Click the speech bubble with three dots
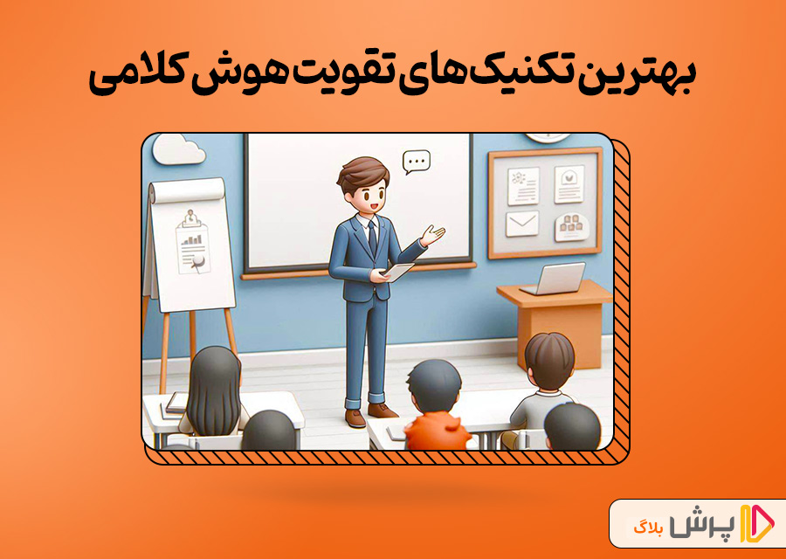coord(417,162)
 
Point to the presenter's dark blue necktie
coord(372,236)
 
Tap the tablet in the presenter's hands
coord(398,273)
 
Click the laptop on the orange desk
coord(555,279)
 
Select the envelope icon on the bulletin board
coord(522,224)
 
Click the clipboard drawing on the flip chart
coord(192,242)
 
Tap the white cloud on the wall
coord(178,149)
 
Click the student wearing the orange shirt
coord(433,406)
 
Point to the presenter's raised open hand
coord(432,235)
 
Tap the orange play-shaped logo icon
coord(757,524)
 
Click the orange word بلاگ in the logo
coord(645,528)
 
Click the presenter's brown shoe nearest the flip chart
coord(355,418)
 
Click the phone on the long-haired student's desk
coord(176,403)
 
